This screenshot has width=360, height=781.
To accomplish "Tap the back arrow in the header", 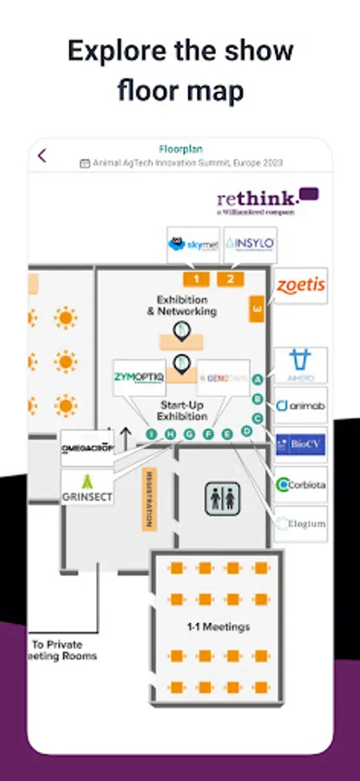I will [43, 156].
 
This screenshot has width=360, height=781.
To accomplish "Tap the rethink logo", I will [267, 200].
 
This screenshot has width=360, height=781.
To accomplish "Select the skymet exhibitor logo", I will [193, 244].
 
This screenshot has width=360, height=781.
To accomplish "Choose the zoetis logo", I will [300, 285].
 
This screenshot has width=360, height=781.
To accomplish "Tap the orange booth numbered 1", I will [197, 279].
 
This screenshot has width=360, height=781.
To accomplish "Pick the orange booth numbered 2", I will [230, 279].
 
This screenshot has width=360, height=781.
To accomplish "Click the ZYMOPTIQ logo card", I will [140, 377].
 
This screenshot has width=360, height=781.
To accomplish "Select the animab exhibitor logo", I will [300, 405].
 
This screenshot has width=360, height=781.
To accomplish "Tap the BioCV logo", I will [300, 444].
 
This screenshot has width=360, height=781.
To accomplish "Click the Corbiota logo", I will [300, 485].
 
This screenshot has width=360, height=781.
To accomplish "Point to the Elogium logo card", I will [300, 524].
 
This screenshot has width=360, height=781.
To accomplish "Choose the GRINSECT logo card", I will [87, 488].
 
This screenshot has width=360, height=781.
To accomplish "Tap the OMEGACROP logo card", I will [87, 448].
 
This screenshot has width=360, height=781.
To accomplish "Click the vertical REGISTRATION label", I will [148, 500].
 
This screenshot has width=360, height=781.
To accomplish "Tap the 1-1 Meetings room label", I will [219, 627].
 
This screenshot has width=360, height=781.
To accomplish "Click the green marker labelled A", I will [257, 380].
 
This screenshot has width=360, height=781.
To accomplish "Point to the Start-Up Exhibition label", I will [182, 410].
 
